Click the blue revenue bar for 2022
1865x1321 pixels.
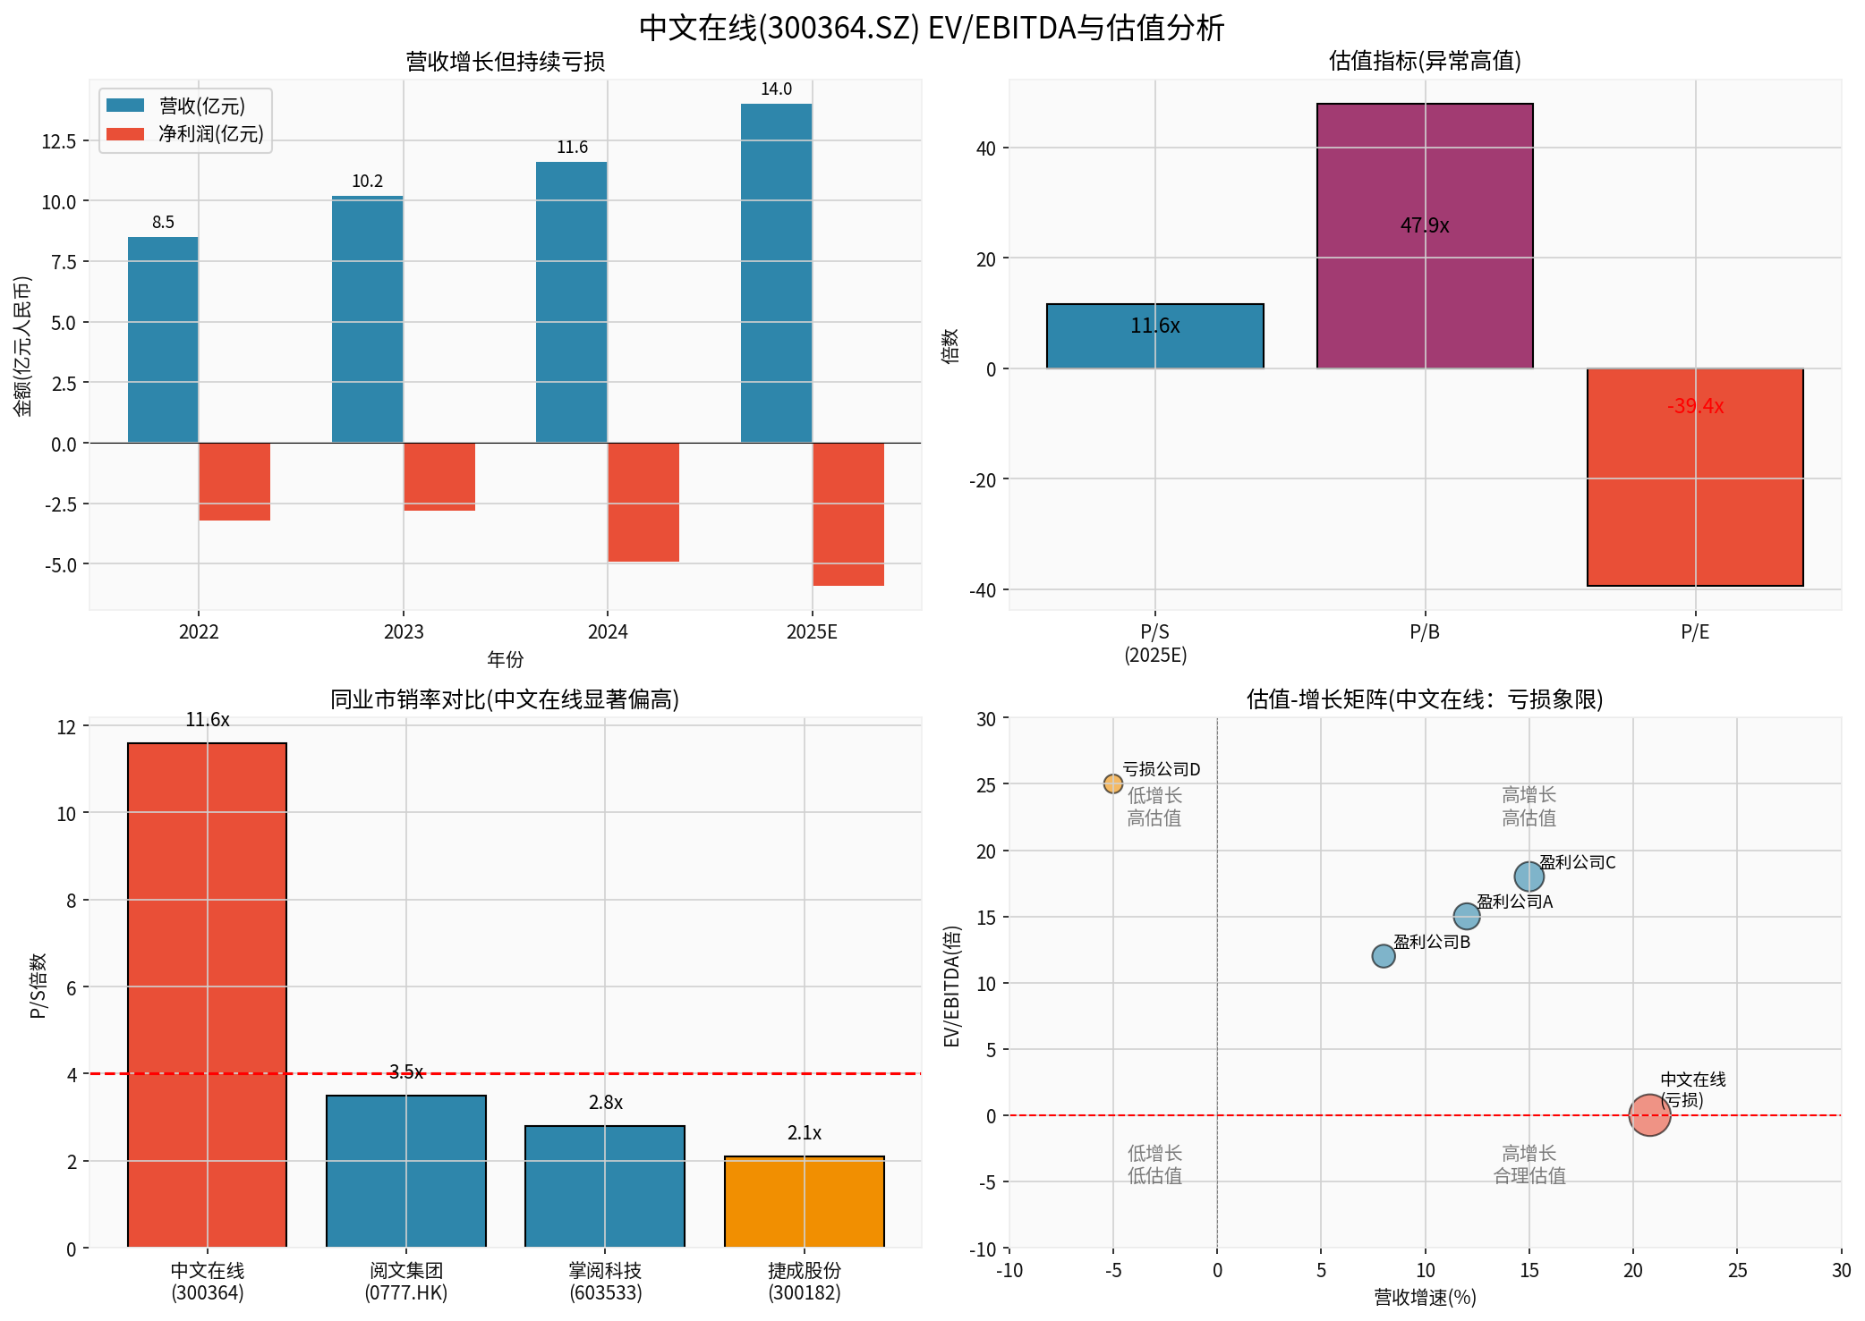[163, 340]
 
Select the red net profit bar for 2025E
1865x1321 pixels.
[847, 514]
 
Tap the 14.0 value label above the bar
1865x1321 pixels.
[776, 89]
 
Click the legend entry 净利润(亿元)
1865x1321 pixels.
[210, 134]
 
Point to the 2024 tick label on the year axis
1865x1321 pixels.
[608, 632]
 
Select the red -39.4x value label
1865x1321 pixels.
[1695, 406]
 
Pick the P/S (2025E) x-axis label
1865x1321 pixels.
[1155, 643]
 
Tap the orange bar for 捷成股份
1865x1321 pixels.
[804, 1202]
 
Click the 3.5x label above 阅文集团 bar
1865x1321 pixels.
[406, 1071]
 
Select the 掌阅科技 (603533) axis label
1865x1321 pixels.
[605, 1281]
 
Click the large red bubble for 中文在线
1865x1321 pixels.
[1649, 1115]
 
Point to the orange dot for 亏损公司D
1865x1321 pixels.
[1112, 784]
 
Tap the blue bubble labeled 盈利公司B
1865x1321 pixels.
[1383, 956]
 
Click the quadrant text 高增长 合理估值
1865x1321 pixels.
[1529, 1164]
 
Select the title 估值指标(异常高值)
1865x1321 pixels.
[1425, 61]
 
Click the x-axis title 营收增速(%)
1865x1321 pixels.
[1425, 1297]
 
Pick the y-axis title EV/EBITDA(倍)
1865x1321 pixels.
[952, 987]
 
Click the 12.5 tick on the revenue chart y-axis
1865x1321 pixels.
[59, 141]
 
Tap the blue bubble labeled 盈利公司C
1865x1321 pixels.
[1529, 876]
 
